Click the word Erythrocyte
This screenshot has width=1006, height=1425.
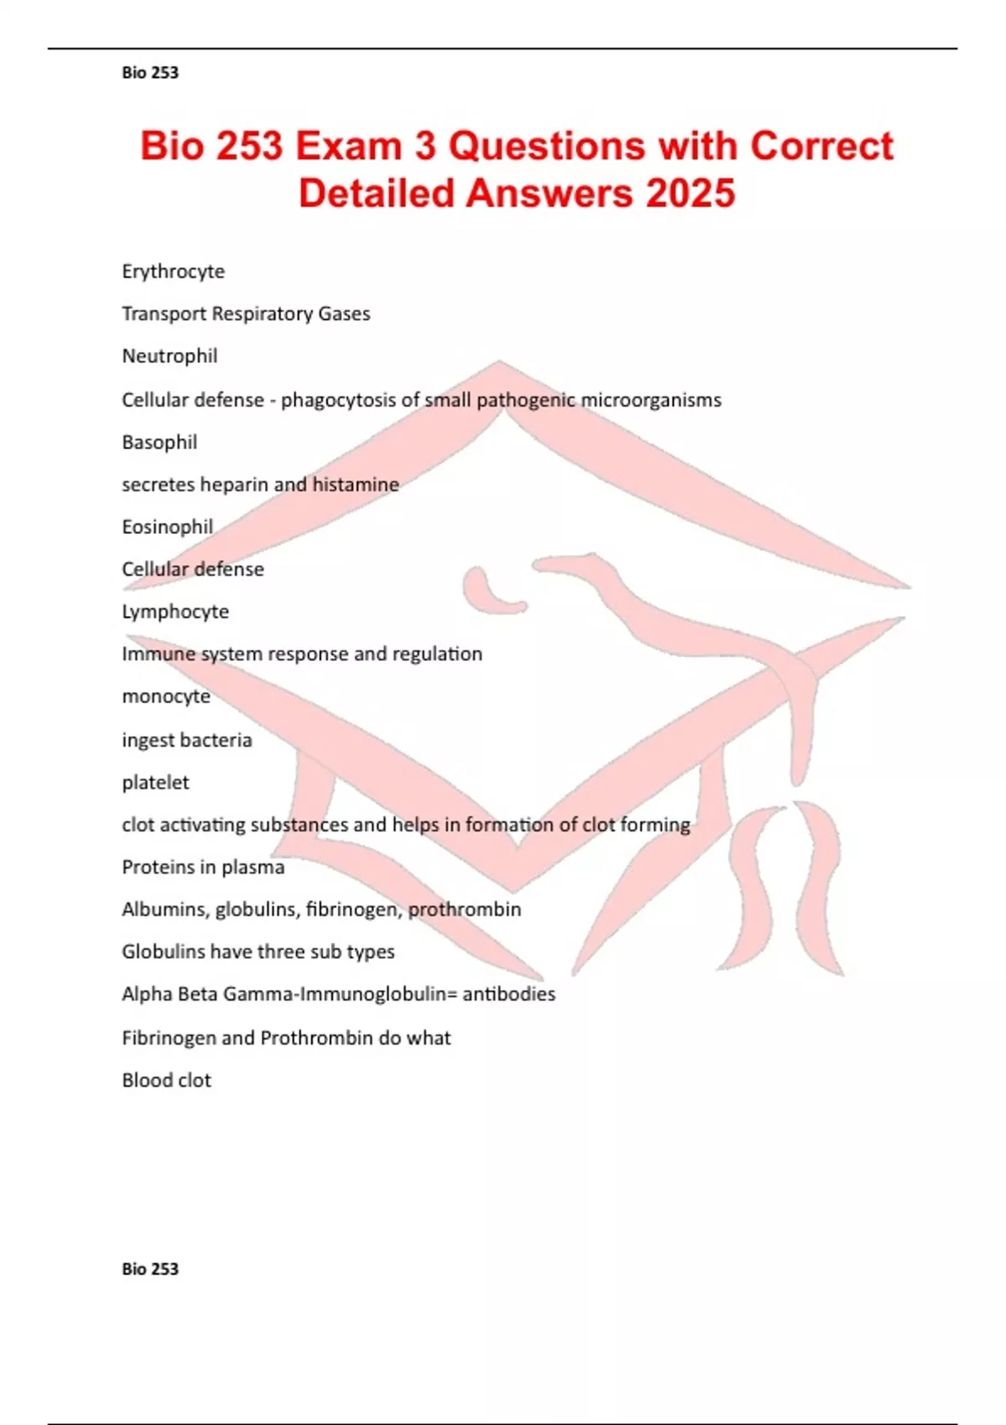pos(174,272)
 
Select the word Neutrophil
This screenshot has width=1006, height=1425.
pos(170,356)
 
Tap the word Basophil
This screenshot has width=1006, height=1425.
pos(159,442)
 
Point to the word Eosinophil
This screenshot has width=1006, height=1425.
pos(168,526)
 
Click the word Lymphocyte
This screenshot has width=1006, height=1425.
pos(175,612)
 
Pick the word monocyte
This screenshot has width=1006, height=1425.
pos(166,697)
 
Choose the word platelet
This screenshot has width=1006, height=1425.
pos(155,782)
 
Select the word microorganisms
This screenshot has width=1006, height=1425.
pos(651,400)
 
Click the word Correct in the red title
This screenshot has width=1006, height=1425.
pos(822,146)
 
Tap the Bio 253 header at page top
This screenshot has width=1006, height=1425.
pos(150,73)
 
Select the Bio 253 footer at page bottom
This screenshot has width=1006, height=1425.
pos(150,1269)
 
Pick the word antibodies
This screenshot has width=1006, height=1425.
pos(509,994)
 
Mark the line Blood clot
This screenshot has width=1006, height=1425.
pos(166,1080)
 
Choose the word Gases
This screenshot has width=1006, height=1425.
pos(344,313)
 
